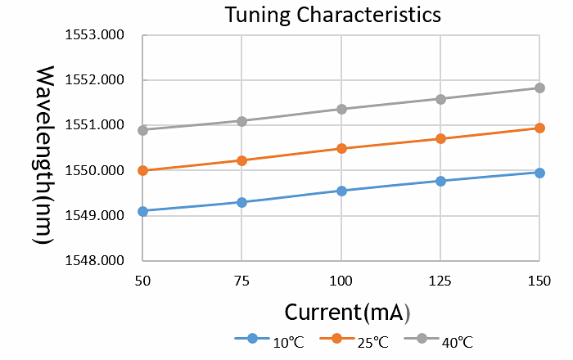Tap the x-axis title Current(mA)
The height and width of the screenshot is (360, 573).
tap(347, 312)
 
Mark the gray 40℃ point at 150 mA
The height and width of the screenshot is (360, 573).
tap(539, 88)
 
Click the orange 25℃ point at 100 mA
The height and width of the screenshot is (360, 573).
tap(341, 148)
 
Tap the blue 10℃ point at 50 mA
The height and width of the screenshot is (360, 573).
tap(142, 211)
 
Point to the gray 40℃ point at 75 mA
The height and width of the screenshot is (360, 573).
tap(241, 121)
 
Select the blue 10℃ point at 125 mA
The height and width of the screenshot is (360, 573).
tap(440, 181)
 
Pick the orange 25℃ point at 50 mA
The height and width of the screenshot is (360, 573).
tap(142, 170)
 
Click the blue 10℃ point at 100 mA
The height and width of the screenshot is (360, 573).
tap(341, 191)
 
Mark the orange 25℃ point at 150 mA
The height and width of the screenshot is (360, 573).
tap(539, 128)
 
